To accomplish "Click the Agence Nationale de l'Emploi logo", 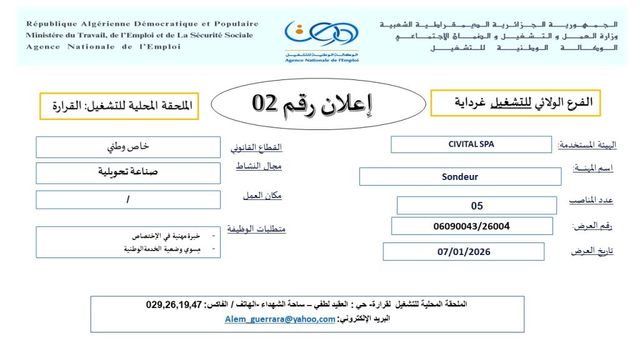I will pos(321,39).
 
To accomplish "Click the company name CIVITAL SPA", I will pos(471,144).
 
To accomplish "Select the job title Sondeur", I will pos(460,177).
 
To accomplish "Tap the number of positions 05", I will pos(477,206).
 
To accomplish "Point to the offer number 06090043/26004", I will pos(471,226).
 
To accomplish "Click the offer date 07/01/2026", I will pos(464,252).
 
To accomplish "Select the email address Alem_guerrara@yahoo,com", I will pos(280,319).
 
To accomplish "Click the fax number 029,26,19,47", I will pos(174,305).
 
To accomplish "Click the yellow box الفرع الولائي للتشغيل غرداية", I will pos(516,102).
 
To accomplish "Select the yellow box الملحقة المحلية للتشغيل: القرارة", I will pos(119,106).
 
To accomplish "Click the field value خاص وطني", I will pos(129,147).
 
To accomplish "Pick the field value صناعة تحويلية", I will pos(128,172).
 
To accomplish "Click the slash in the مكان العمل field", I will pos(128,199).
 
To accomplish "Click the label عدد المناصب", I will pos(591,200).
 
